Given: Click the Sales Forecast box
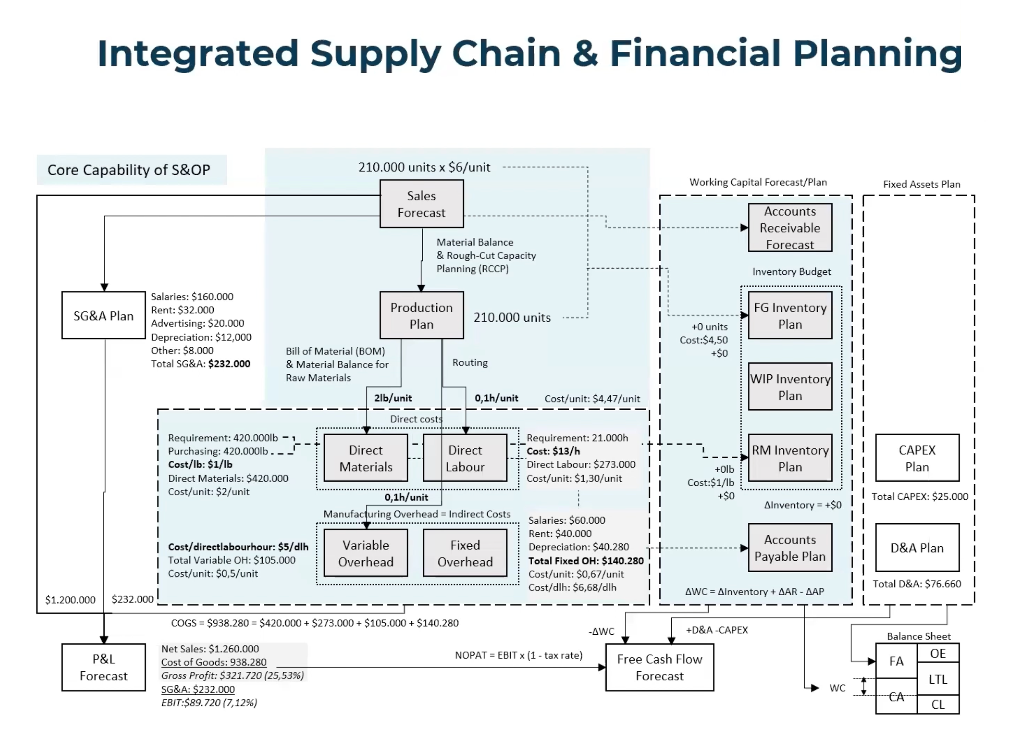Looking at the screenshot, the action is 421,204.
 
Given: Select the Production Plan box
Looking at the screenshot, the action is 421,315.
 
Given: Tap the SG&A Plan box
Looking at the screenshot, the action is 104,315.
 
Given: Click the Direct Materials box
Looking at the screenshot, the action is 366,458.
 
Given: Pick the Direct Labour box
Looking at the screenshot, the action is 465,458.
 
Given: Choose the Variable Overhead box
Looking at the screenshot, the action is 366,553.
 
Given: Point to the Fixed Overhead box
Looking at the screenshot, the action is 465,553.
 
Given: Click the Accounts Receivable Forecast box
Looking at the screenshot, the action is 790,228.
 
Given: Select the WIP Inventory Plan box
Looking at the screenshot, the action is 790,387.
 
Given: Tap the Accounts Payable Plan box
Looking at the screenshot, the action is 790,548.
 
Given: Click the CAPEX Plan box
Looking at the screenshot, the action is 917,458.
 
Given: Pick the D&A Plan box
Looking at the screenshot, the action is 917,548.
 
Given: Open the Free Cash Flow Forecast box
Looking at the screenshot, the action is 659,667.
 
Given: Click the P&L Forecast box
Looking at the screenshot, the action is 104,667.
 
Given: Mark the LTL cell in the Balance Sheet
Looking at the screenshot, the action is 938,679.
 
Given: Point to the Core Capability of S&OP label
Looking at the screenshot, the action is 129,170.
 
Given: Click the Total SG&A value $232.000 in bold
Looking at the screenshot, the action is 229,364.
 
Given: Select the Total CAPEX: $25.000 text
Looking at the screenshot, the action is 919,496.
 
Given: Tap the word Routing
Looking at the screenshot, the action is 470,362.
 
